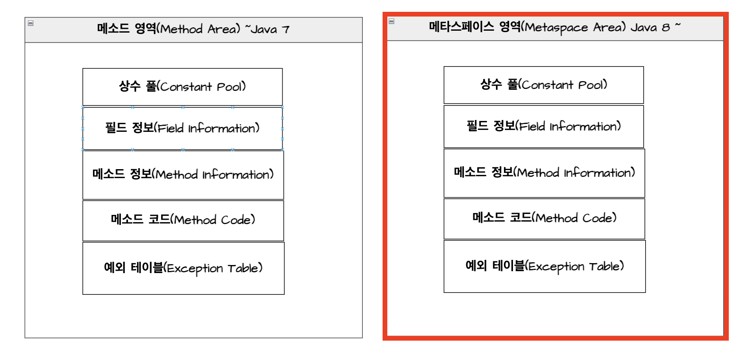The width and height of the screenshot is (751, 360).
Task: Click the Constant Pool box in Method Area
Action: click(x=182, y=87)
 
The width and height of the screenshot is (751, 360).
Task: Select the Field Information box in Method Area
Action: click(x=182, y=129)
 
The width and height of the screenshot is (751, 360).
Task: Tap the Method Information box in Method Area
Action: click(x=183, y=175)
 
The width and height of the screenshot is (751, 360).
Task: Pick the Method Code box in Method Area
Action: click(x=183, y=220)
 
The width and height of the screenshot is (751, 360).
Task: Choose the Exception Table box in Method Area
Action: click(x=183, y=268)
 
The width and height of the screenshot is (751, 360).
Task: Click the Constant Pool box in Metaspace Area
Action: click(x=543, y=85)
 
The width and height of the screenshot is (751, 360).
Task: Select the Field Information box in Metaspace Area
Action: click(x=543, y=127)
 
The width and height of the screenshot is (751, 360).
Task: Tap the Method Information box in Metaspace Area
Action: click(x=544, y=173)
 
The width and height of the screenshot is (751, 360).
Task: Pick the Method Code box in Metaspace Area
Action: click(x=544, y=218)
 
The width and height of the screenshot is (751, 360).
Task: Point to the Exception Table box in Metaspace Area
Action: click(x=545, y=266)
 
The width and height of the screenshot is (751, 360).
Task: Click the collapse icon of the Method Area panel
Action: click(x=31, y=23)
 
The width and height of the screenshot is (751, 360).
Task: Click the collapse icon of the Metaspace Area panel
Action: click(x=392, y=21)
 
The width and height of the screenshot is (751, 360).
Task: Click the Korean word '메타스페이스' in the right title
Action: click(x=461, y=27)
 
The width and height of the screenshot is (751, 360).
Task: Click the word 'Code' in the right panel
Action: click(x=598, y=218)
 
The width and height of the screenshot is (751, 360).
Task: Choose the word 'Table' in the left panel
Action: click(x=243, y=268)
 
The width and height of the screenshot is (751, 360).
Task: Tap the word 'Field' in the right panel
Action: click(x=532, y=127)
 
